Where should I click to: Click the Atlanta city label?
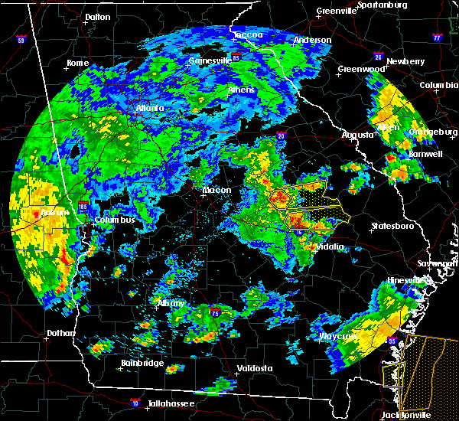pyautogui.click(x=150, y=108)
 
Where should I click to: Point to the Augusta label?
pyautogui.click(x=356, y=134)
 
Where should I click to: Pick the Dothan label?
pyautogui.click(x=60, y=333)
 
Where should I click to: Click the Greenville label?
pyautogui.click(x=336, y=11)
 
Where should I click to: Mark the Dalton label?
pyautogui.click(x=97, y=16)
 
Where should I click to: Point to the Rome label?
pyautogui.click(x=78, y=63)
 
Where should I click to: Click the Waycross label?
pyautogui.click(x=338, y=336)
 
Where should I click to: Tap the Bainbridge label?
pyautogui.click(x=142, y=363)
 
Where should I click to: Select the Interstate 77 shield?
pyautogui.click(x=437, y=37)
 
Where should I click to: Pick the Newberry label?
pyautogui.click(x=405, y=61)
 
